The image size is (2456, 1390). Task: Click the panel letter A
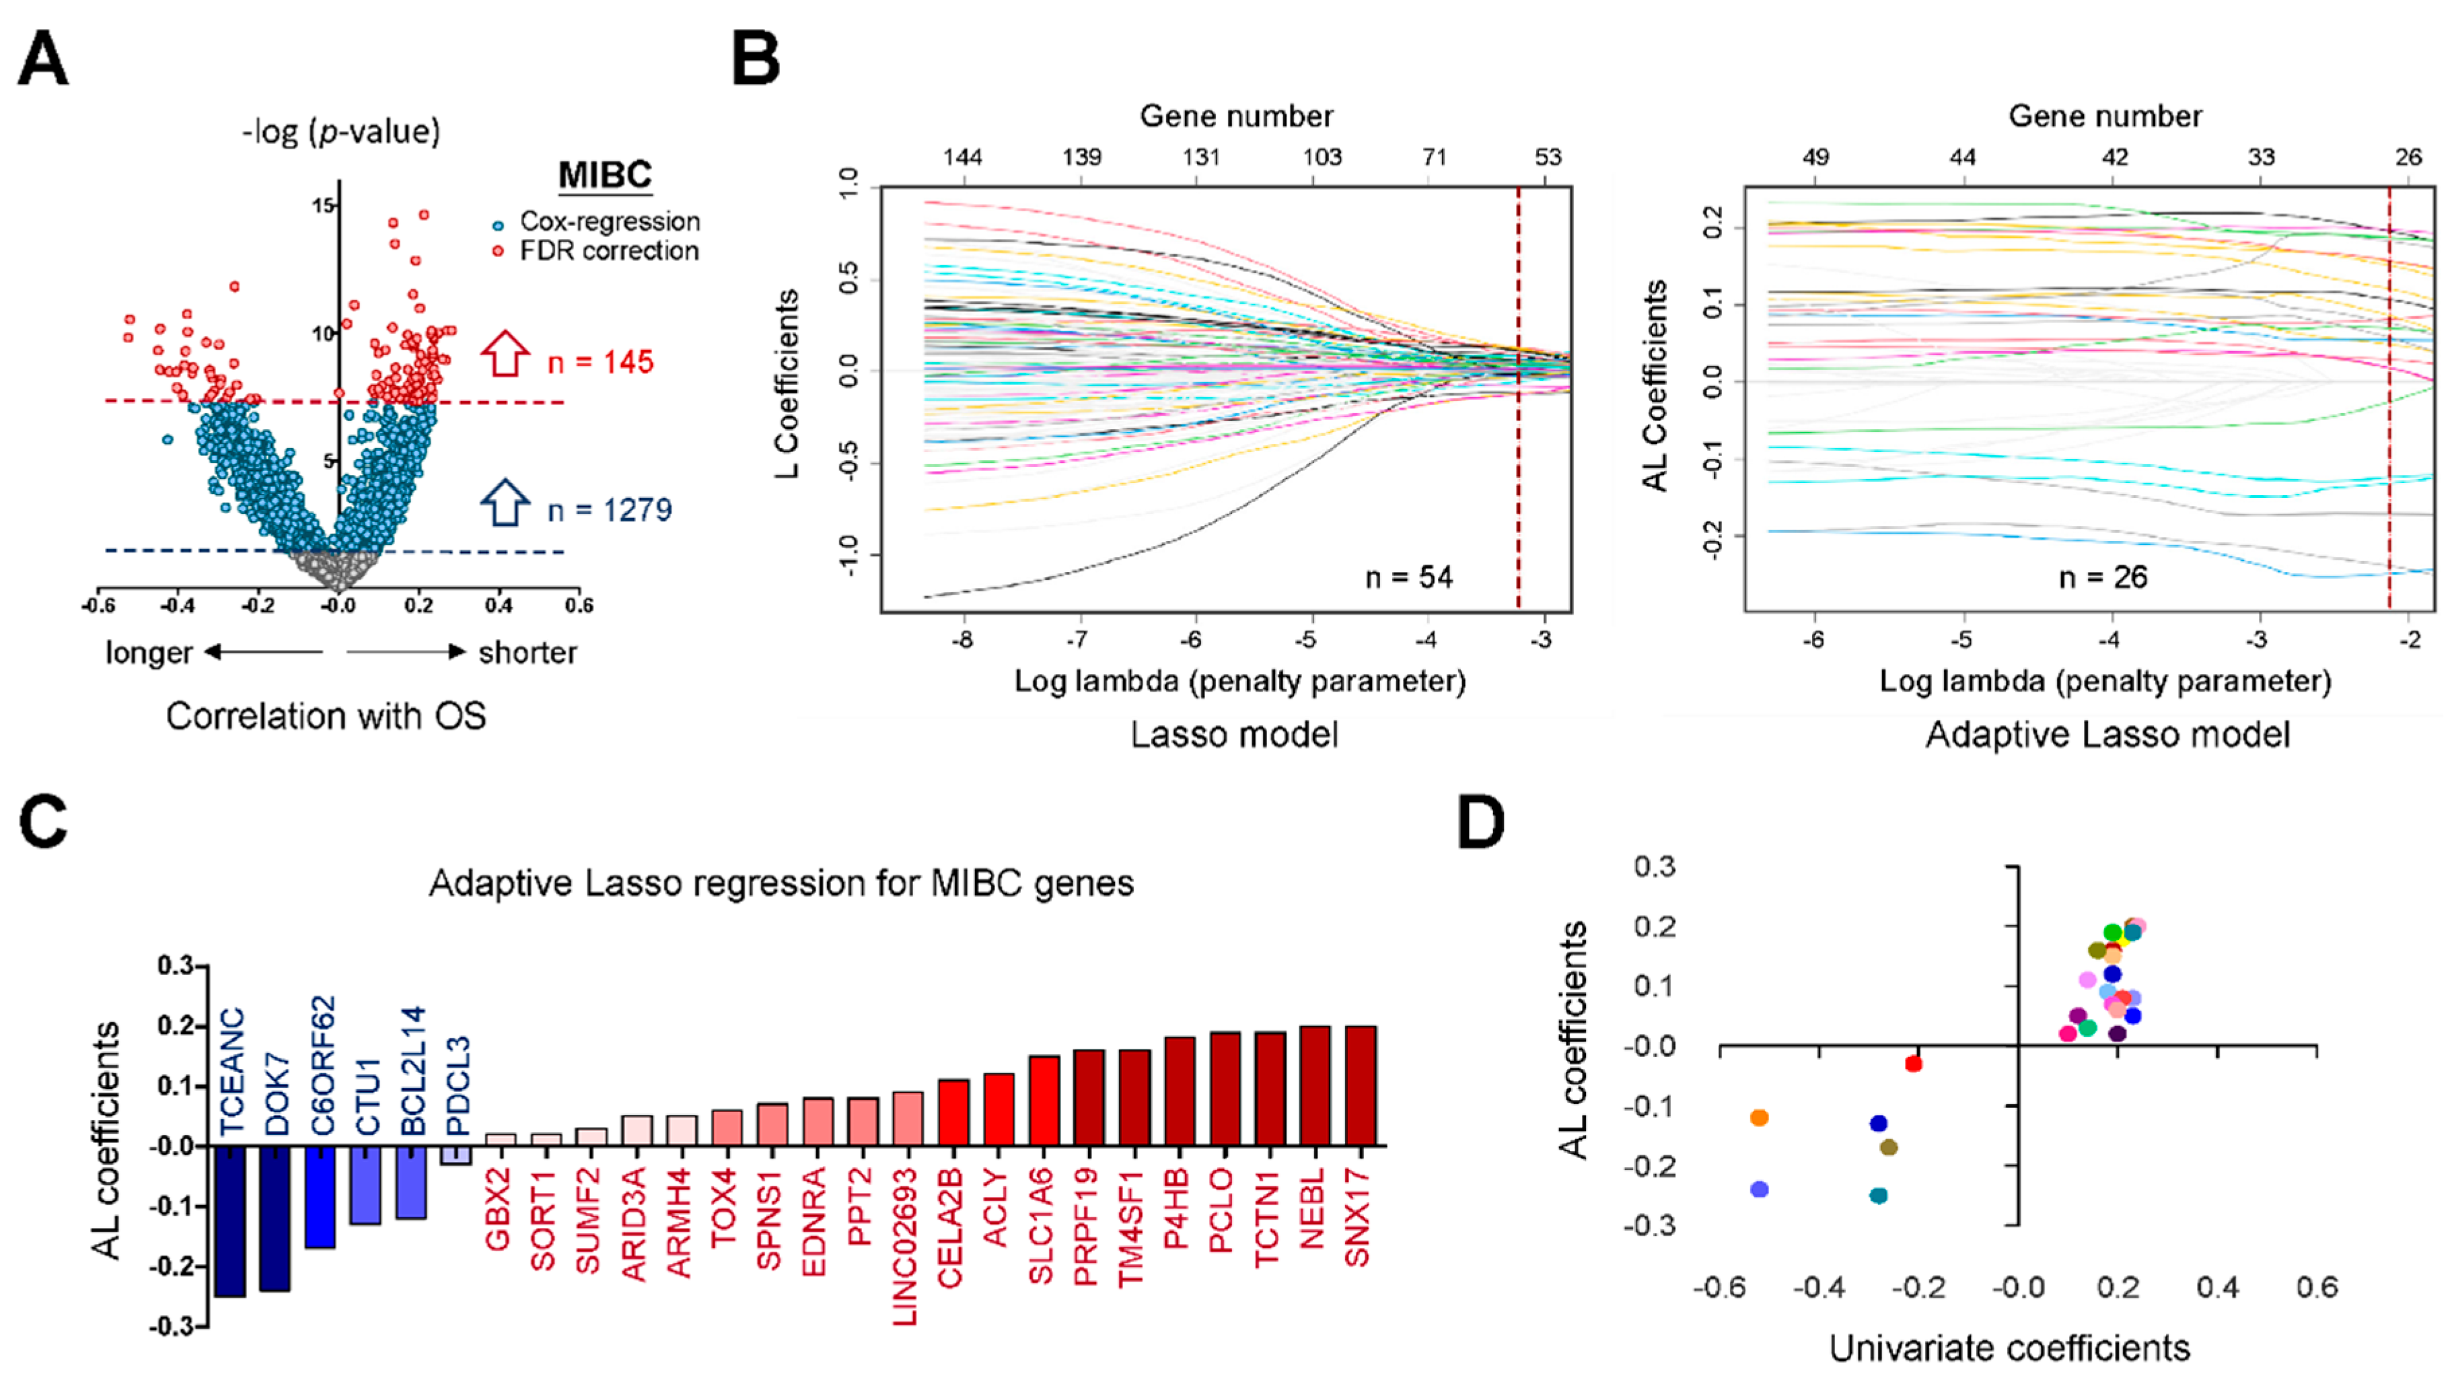[x=43, y=59]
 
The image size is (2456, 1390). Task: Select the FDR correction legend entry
[x=608, y=251]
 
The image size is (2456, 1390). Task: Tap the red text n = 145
[x=600, y=362]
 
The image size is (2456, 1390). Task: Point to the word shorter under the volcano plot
[x=527, y=653]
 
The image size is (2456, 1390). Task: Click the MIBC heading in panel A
[x=604, y=176]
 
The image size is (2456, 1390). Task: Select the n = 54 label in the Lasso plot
[x=1408, y=577]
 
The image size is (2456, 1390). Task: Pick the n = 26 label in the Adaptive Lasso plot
[x=2103, y=577]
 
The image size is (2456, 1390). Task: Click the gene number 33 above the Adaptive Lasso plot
[x=2260, y=157]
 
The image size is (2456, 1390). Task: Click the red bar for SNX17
[x=1359, y=1087]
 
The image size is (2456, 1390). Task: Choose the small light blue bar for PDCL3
[x=456, y=1155]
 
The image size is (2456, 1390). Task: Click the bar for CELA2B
[x=953, y=1113]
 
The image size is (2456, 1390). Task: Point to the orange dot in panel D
[x=1759, y=1117]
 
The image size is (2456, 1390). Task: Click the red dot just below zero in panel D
[x=1913, y=1064]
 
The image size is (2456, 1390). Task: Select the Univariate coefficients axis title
[x=2009, y=1348]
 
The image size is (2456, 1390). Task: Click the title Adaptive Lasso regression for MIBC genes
[x=781, y=883]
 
